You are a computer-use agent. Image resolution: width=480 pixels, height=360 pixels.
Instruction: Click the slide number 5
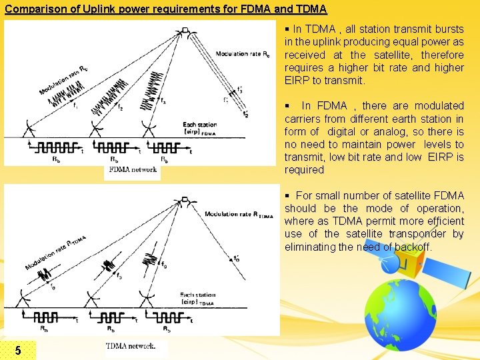click(18, 350)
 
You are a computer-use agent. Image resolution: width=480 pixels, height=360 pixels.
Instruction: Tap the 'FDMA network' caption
click(132, 169)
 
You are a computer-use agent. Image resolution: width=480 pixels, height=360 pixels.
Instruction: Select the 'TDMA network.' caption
click(131, 346)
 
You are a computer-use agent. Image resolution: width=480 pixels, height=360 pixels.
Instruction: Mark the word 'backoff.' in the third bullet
click(409, 247)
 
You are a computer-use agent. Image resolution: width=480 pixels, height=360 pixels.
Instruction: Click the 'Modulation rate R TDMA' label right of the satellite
click(239, 215)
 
